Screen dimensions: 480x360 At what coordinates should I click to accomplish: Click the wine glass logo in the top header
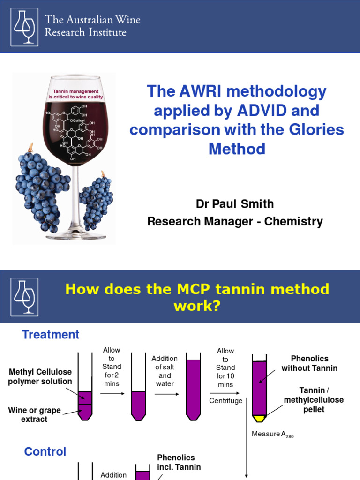[x=25, y=26]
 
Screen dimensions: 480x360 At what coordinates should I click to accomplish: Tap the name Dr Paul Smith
[x=235, y=204]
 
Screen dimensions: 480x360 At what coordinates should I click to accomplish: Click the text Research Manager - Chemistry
[x=235, y=221]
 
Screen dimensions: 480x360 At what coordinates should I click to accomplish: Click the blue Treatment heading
[x=51, y=335]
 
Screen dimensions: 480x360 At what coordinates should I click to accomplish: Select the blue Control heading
[x=45, y=452]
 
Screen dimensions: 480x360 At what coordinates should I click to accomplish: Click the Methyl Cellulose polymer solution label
[x=40, y=376]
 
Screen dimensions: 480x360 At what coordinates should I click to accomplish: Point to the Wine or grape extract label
[x=34, y=414]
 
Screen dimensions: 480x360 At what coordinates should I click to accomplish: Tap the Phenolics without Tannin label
[x=309, y=363]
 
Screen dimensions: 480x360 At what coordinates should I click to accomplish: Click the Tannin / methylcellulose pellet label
[x=313, y=400]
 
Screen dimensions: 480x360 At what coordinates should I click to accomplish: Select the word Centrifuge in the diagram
[x=226, y=401]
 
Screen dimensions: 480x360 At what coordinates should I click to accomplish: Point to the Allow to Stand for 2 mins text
[x=112, y=367]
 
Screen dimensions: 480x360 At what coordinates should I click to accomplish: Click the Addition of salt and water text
[x=165, y=371]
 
